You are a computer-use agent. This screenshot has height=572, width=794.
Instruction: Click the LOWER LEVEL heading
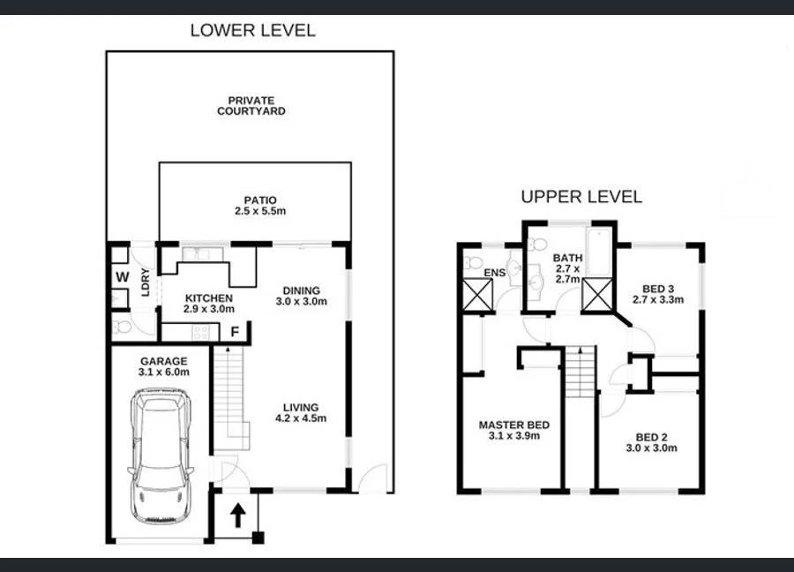[x=252, y=30]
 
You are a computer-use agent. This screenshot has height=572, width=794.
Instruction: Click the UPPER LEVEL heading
[x=581, y=196]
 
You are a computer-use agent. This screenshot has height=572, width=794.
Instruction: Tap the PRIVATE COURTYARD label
[x=251, y=106]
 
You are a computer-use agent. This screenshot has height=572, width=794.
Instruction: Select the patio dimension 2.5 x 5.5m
[x=256, y=213]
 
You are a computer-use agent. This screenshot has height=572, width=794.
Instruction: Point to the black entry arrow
[x=236, y=516]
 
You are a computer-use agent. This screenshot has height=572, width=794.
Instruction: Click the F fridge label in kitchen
[x=235, y=333]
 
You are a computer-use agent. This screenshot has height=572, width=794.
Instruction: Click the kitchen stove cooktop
[x=200, y=333]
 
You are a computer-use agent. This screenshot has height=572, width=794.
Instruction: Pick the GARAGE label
[x=163, y=361]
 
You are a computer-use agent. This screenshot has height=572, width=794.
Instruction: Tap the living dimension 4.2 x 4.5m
[x=301, y=418]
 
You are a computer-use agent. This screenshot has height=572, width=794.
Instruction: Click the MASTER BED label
[x=513, y=425]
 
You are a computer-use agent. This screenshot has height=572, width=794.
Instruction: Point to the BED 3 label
[x=657, y=288]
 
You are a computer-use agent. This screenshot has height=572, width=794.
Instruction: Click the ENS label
[x=494, y=273]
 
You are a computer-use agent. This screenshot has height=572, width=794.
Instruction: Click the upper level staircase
[x=580, y=372]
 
